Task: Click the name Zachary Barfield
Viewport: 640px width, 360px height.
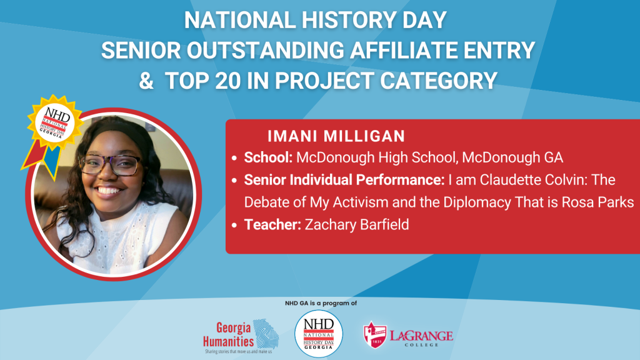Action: tap(356, 224)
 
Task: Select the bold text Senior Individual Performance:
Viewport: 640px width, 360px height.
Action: tap(342, 180)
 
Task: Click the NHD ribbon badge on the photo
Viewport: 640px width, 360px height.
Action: tap(53, 125)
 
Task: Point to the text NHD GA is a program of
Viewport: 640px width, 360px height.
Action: tap(319, 303)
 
